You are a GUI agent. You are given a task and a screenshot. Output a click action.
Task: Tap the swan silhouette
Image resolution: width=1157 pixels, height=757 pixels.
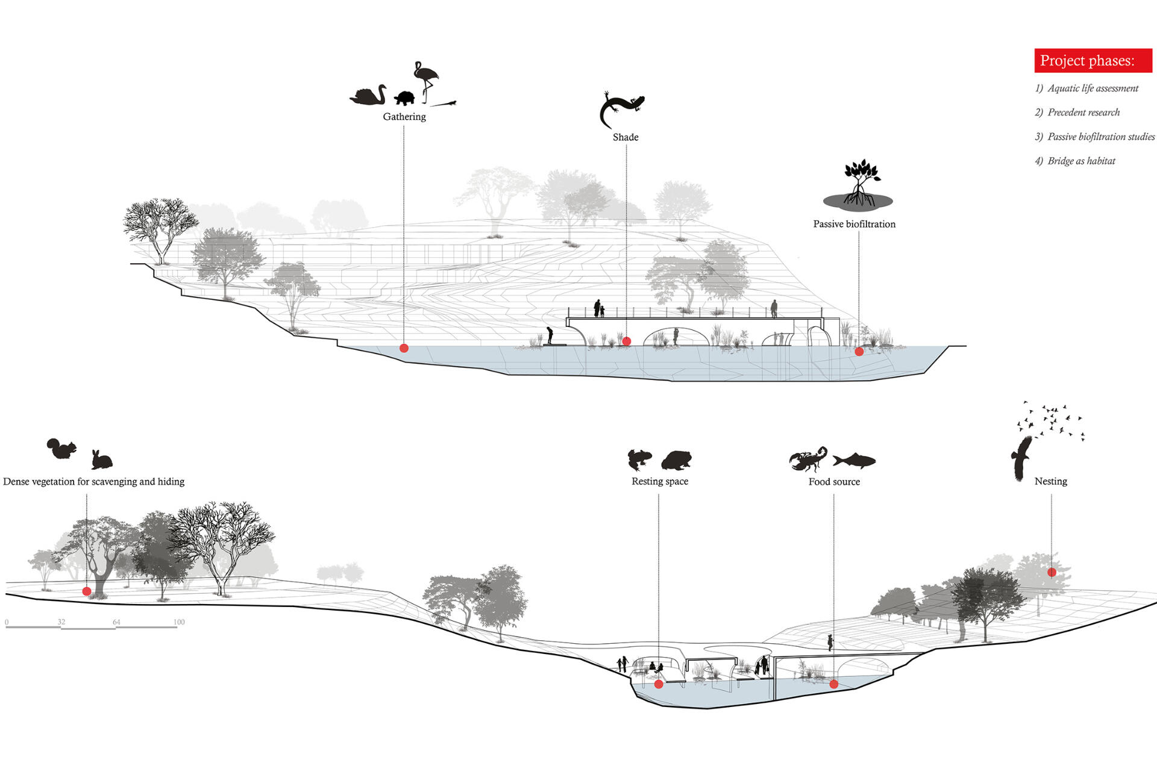pyautogui.click(x=368, y=96)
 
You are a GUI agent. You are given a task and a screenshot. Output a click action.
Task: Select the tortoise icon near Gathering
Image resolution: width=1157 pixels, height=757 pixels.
pyautogui.click(x=405, y=98)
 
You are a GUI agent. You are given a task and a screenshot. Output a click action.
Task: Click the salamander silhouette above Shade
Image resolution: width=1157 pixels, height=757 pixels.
pyautogui.click(x=621, y=108)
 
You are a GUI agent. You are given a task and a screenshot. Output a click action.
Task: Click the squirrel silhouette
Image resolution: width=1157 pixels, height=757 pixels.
pyautogui.click(x=62, y=449)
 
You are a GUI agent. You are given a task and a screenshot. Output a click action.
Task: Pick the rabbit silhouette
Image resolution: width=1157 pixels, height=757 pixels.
pyautogui.click(x=101, y=459)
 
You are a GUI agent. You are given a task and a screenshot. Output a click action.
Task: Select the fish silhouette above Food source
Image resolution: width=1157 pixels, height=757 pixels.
pyautogui.click(x=854, y=461)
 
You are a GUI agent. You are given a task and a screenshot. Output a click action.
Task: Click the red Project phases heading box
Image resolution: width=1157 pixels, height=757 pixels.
pyautogui.click(x=1093, y=61)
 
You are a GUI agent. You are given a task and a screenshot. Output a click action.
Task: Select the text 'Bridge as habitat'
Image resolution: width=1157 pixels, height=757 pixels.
pyautogui.click(x=1081, y=161)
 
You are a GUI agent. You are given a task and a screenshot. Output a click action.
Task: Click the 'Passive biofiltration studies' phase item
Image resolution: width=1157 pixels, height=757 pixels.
pyautogui.click(x=1100, y=137)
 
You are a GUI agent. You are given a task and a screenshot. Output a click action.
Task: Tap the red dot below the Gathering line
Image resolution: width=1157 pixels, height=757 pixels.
pyautogui.click(x=404, y=348)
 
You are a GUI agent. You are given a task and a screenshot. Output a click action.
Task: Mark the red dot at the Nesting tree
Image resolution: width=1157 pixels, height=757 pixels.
pyautogui.click(x=1052, y=572)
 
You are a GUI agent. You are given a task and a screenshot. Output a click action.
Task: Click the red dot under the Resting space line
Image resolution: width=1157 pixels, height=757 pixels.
pyautogui.click(x=659, y=684)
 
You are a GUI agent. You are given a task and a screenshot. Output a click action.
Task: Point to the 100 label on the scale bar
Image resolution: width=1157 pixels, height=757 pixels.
pyautogui.click(x=179, y=622)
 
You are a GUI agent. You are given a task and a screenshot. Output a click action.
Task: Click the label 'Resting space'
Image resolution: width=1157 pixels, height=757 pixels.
pyautogui.click(x=660, y=481)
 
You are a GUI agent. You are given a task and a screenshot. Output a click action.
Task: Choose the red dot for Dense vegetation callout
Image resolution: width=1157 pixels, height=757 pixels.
pyautogui.click(x=87, y=591)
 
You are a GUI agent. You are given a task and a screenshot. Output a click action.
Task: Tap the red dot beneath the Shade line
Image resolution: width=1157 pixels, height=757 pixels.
pyautogui.click(x=626, y=341)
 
